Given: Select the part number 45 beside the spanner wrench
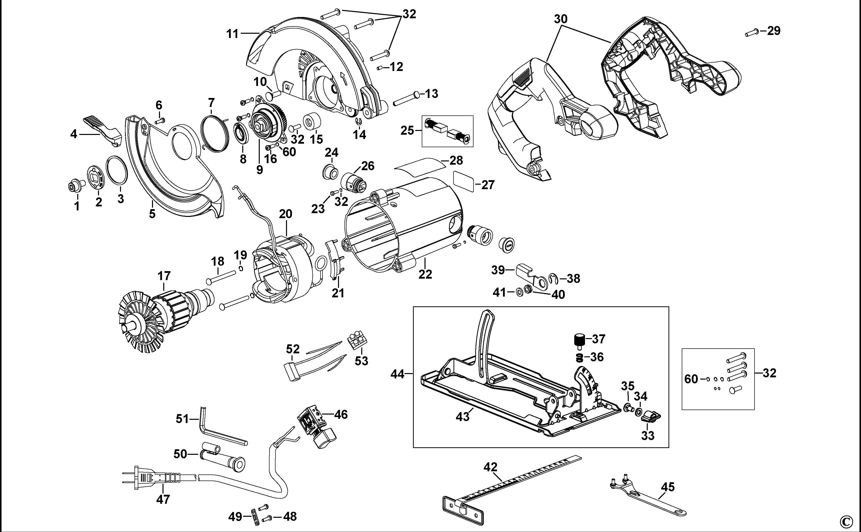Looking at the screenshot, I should point(668,487).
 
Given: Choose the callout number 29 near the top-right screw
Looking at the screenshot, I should point(774,31).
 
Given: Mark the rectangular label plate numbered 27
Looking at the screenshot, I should point(463,182).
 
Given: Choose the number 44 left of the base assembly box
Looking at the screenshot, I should point(397,374).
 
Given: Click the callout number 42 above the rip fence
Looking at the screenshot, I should point(490,467).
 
